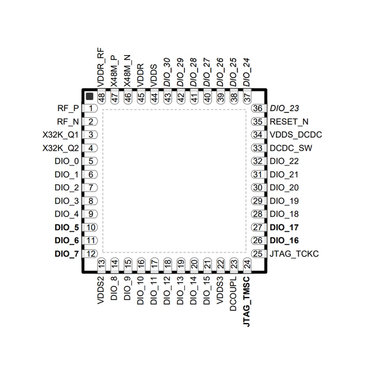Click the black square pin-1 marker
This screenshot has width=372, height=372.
pos(89,97)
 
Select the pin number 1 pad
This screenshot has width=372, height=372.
pos(91,108)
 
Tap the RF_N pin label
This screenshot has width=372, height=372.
pos(68,122)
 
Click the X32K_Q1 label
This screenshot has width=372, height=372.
pos(60,135)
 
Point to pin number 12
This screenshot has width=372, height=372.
pos(91,253)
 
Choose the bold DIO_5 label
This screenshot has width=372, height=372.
pos(66,227)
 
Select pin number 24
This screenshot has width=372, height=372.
pos(247,263)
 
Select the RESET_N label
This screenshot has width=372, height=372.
pos(289,122)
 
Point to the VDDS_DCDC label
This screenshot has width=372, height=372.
pos(296,135)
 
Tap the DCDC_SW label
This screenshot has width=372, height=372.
pos(291,148)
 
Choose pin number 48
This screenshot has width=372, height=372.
pos(101,98)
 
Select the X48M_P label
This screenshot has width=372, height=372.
pos(114,69)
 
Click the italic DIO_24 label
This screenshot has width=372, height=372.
pos(247,72)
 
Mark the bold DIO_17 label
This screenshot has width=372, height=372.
pos(285,227)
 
